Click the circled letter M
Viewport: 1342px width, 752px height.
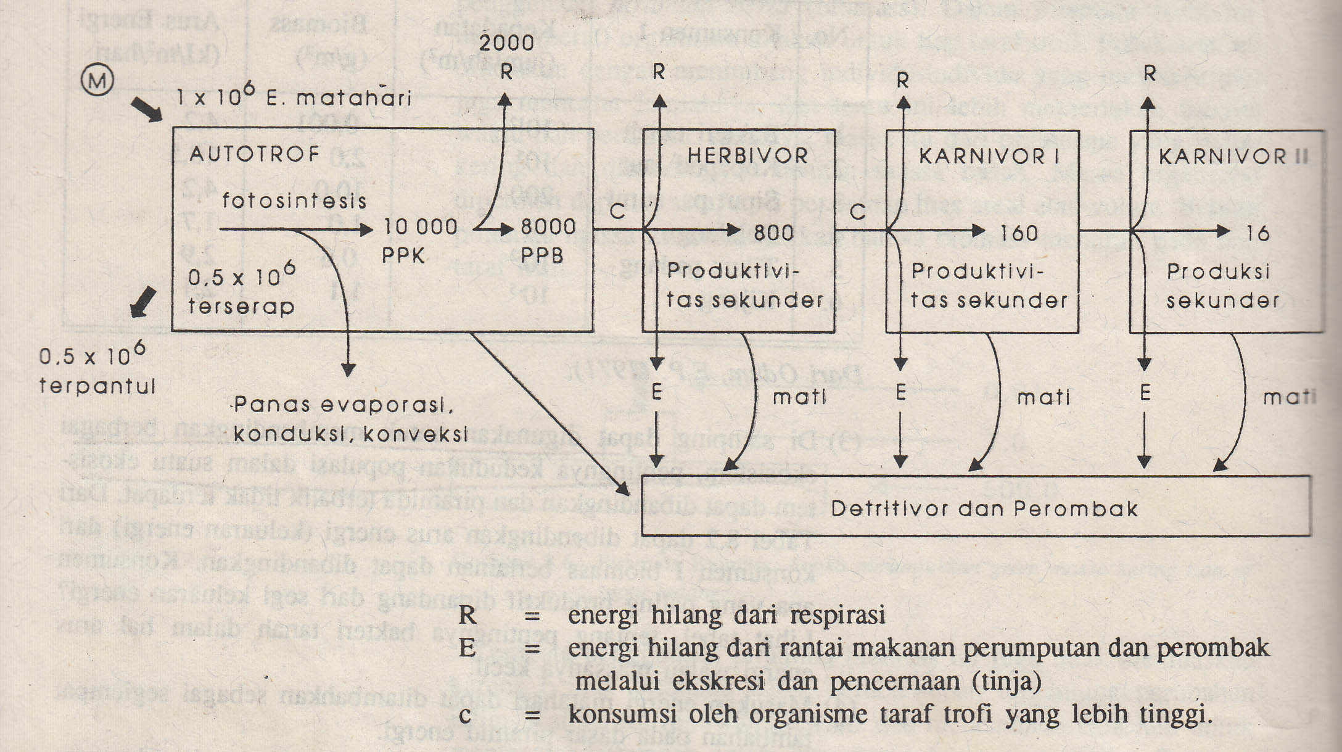tap(97, 81)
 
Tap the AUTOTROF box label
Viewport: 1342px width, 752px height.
tap(254, 154)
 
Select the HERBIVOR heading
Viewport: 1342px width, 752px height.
tap(747, 155)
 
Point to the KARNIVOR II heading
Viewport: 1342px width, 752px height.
tap(1233, 157)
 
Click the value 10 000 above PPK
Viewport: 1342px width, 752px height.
tap(421, 227)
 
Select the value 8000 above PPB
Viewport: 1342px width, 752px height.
tap(548, 227)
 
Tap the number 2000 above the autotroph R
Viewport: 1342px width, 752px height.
tap(506, 43)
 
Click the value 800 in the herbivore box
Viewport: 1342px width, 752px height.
tap(774, 233)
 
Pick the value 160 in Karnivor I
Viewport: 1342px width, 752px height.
tap(1019, 233)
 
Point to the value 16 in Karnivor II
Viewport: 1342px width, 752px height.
tap(1258, 233)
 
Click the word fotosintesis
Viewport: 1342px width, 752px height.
tap(294, 200)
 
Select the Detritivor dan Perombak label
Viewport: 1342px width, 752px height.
tap(984, 508)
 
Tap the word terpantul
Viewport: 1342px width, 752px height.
tap(97, 386)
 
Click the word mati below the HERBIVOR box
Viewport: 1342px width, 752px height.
tap(799, 397)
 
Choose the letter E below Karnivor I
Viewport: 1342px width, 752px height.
tap(901, 392)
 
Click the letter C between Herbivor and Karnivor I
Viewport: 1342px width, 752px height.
tap(858, 212)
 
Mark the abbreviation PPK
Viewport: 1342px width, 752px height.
tap(403, 255)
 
